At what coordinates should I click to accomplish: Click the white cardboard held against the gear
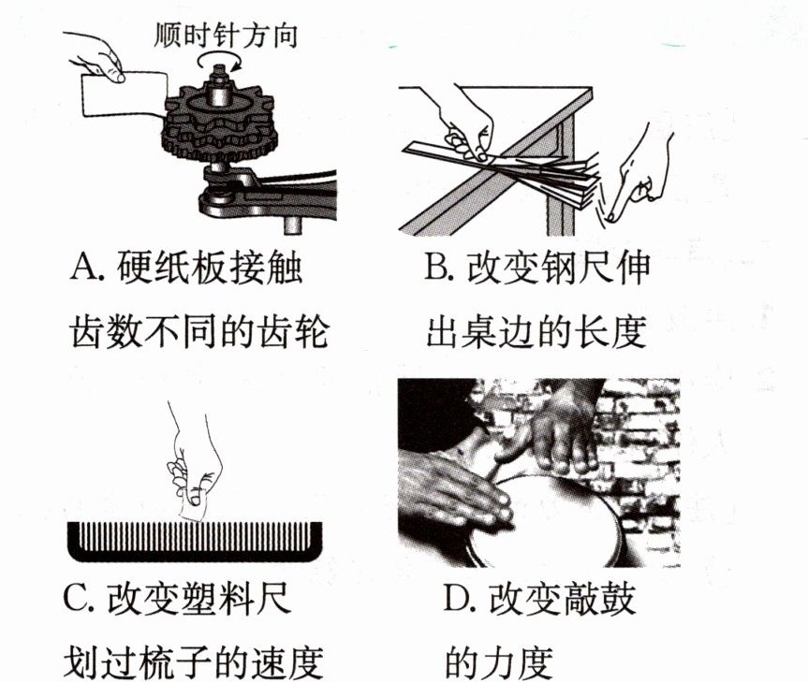coord(125,94)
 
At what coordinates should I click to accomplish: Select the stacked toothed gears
coord(220,122)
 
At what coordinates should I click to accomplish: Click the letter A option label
coord(86,267)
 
